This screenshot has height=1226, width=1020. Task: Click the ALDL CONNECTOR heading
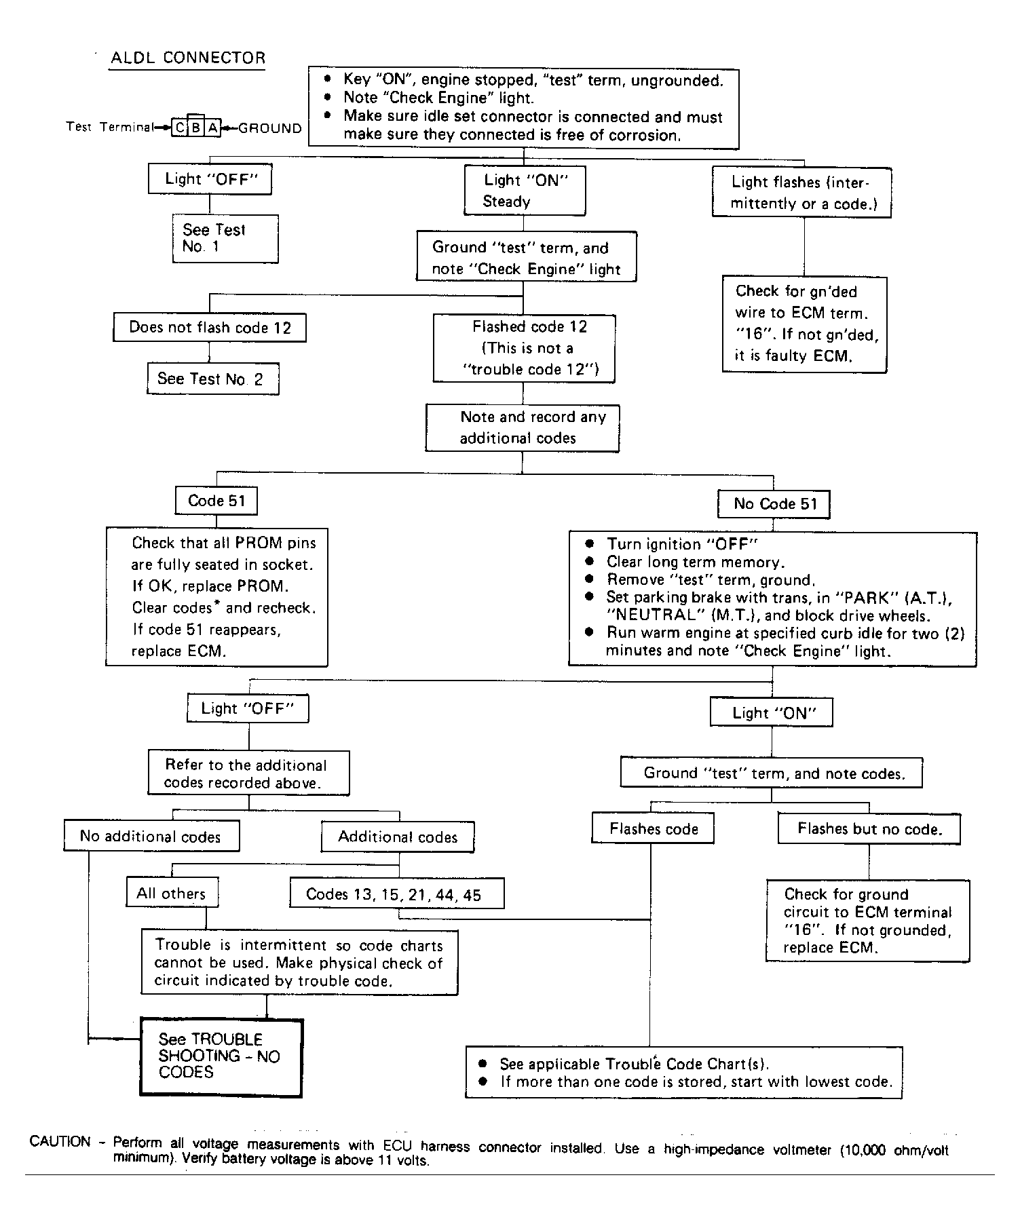pos(188,58)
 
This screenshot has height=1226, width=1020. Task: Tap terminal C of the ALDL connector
pos(179,128)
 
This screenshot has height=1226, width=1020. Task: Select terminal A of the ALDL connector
pos(213,128)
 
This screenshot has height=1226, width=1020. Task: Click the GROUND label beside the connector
pos(270,128)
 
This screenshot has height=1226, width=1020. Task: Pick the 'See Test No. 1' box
pos(225,239)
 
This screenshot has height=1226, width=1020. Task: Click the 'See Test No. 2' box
pos(213,379)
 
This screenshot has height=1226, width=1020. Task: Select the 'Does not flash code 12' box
pos(210,328)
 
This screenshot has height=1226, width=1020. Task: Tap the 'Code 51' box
pos(216,501)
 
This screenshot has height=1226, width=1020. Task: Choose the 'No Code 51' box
pos(774,504)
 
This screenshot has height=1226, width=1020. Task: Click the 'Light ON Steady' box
pos(525,191)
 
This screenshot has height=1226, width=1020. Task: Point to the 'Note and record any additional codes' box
pos(523,428)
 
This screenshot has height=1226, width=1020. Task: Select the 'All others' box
pos(172,893)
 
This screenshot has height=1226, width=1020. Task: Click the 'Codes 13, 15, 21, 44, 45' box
pos(397,894)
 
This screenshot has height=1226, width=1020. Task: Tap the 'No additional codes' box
pos(151,836)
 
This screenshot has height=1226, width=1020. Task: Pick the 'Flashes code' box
pos(653,828)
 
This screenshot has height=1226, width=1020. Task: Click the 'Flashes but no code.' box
pos(869,828)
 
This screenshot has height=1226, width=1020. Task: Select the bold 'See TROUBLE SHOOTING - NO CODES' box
pos(221,1056)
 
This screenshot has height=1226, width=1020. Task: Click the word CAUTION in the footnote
pos(60,1141)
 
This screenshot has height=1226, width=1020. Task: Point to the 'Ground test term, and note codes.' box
pos(772,773)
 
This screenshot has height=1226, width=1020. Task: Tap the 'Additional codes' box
pos(398,837)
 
